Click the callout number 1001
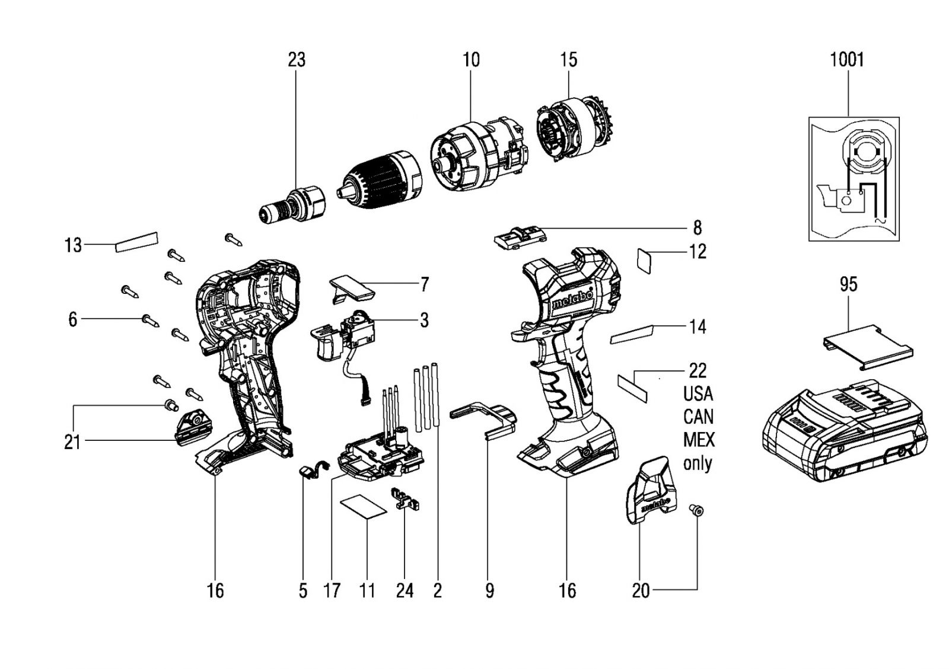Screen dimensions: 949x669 click(846, 60)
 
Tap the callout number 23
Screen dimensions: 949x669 click(297, 60)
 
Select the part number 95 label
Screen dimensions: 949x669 click(849, 284)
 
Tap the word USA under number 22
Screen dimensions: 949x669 click(698, 394)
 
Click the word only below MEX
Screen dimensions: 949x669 click(698, 464)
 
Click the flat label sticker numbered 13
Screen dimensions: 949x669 click(136, 242)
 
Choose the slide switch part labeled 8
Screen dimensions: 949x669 click(520, 238)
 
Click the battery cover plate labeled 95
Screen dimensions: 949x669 click(868, 347)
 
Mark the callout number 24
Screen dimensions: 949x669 click(405, 591)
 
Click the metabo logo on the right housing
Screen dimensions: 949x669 click(573, 298)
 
